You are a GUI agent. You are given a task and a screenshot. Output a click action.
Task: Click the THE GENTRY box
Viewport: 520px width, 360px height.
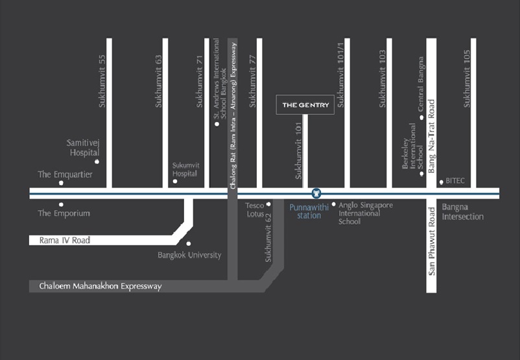tap(305, 104)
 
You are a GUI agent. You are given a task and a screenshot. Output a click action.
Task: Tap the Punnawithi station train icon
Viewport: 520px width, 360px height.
tap(316, 193)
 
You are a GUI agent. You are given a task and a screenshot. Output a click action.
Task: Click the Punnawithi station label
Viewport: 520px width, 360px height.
tap(309, 211)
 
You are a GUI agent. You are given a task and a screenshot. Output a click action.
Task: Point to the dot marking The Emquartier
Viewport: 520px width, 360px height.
tap(61, 183)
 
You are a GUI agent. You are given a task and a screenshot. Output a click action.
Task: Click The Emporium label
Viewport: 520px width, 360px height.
tap(64, 213)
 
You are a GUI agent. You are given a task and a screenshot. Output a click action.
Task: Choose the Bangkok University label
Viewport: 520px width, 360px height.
tap(189, 255)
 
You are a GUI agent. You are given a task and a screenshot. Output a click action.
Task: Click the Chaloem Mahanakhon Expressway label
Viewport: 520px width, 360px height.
tap(100, 286)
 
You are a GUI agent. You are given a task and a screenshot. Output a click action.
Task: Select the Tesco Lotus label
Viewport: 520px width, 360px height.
tap(254, 210)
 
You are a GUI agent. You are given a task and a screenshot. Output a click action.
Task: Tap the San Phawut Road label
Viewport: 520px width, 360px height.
tap(431, 241)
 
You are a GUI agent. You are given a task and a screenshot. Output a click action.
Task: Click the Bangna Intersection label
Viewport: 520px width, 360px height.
tap(462, 212)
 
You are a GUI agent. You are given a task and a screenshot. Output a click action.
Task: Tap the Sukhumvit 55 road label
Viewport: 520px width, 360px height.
tap(102, 78)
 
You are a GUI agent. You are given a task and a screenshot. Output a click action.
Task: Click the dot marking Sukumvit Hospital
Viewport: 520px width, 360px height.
tap(175, 182)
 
